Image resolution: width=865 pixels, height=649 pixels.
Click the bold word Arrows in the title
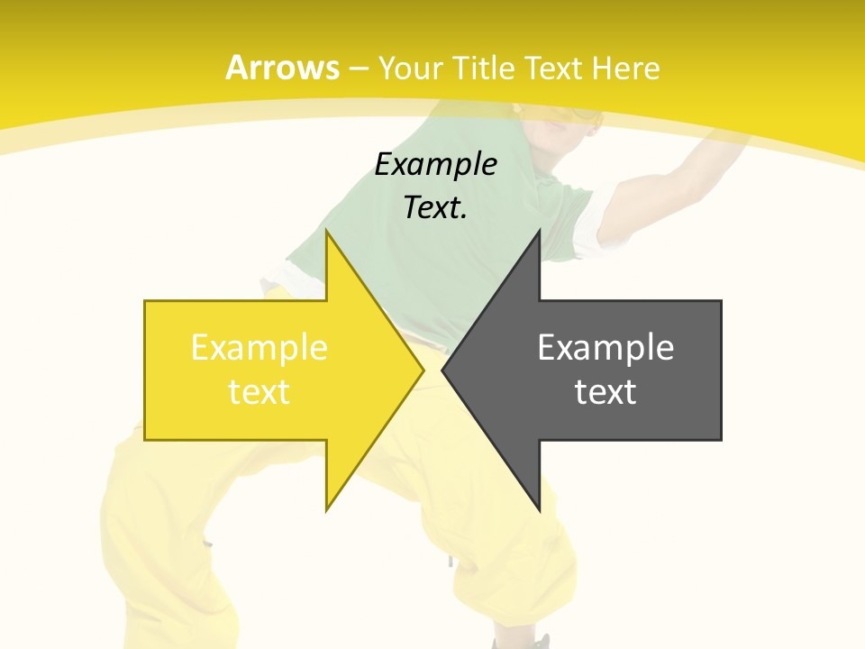(x=282, y=68)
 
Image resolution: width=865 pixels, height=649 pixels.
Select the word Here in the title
(x=625, y=68)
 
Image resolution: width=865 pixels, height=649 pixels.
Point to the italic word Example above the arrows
(x=436, y=164)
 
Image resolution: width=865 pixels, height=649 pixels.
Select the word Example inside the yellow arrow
(x=259, y=347)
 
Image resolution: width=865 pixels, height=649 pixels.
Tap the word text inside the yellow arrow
(x=259, y=391)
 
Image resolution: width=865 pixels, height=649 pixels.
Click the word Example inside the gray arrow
(x=605, y=347)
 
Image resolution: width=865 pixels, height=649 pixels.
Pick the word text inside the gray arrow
(x=605, y=391)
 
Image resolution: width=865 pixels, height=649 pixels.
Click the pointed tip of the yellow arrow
(x=423, y=370)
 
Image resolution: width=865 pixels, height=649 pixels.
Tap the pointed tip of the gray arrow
(x=443, y=370)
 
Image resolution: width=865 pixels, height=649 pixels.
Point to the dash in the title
(x=359, y=69)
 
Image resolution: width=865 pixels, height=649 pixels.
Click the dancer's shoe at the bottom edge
(x=537, y=642)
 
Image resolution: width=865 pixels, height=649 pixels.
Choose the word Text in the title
(x=553, y=68)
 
